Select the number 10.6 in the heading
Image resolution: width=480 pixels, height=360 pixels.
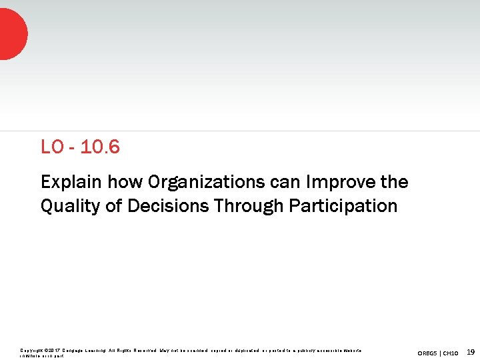tap(100, 147)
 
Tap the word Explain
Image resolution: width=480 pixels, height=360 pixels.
tap(69, 182)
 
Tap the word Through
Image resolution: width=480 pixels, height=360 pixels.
tap(249, 206)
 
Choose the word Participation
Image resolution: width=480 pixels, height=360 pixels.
tap(343, 206)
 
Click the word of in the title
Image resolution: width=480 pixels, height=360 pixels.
tap(114, 206)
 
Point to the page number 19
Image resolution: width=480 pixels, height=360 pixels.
tap(471, 351)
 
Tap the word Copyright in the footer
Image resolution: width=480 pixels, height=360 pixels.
tap(30, 350)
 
